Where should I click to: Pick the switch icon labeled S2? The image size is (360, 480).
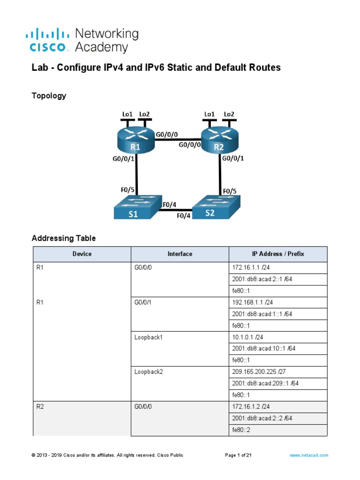pos(217,208)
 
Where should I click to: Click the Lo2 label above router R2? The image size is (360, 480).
pos(229,114)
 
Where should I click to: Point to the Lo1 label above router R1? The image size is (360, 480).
pos(127,114)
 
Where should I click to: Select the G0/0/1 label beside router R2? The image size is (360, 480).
pos(233,158)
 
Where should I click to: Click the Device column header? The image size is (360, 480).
pos(82,254)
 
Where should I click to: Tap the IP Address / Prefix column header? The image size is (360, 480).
pos(277,254)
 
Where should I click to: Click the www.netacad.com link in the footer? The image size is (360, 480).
pos(309,455)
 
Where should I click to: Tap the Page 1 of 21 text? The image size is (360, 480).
pos(239,455)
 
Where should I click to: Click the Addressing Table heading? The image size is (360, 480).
pos(64,238)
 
